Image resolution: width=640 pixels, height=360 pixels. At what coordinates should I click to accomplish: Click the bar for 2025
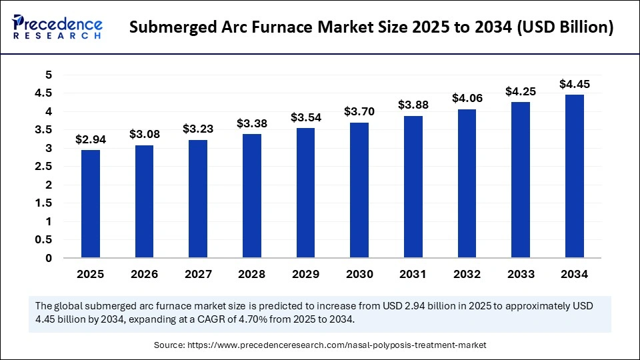point(91,204)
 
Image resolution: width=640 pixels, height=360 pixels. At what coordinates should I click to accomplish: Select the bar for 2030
point(359,190)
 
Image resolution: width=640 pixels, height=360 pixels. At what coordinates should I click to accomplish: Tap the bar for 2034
point(575,176)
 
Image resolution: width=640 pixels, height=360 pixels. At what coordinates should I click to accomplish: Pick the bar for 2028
point(252,196)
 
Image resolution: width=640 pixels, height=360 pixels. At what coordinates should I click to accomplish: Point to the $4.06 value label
point(467,98)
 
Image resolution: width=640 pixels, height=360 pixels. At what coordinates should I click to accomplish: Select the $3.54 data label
point(306,118)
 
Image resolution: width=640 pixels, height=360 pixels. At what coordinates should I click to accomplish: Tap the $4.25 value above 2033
point(521,91)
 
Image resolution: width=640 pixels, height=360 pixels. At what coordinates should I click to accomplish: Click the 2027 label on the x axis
point(198,274)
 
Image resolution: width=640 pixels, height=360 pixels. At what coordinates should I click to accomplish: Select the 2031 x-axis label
point(413,274)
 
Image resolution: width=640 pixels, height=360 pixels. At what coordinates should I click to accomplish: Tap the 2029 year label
point(306,274)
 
